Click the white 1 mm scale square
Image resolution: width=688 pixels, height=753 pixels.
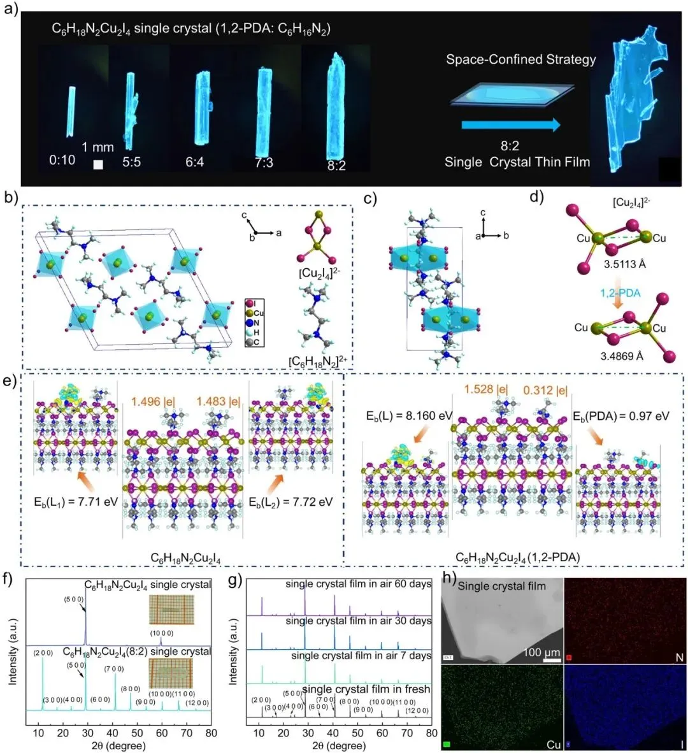coord(98,164)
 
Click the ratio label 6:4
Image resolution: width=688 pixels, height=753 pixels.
coord(195,162)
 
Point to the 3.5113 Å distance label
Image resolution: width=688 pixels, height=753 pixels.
coord(625,263)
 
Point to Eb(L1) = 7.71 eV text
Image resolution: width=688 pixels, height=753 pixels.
coord(78,501)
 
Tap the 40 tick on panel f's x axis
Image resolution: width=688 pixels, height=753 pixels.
coord(113,733)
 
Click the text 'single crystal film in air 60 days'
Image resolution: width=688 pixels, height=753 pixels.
coord(358,584)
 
